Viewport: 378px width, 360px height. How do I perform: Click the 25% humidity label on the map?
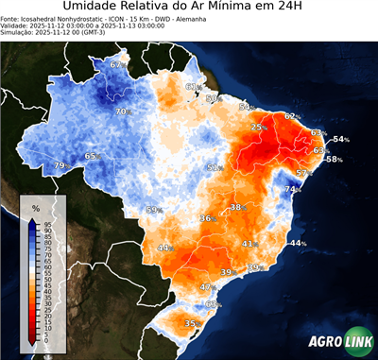[258, 127]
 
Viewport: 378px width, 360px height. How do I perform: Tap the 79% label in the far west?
[60, 166]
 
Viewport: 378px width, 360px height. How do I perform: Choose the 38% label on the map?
[236, 207]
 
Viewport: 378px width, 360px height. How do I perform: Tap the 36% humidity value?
[206, 218]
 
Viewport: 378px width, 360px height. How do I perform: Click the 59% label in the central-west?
[153, 210]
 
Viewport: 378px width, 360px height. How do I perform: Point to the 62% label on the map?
[291, 116]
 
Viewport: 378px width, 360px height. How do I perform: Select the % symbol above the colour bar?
[35, 208]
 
